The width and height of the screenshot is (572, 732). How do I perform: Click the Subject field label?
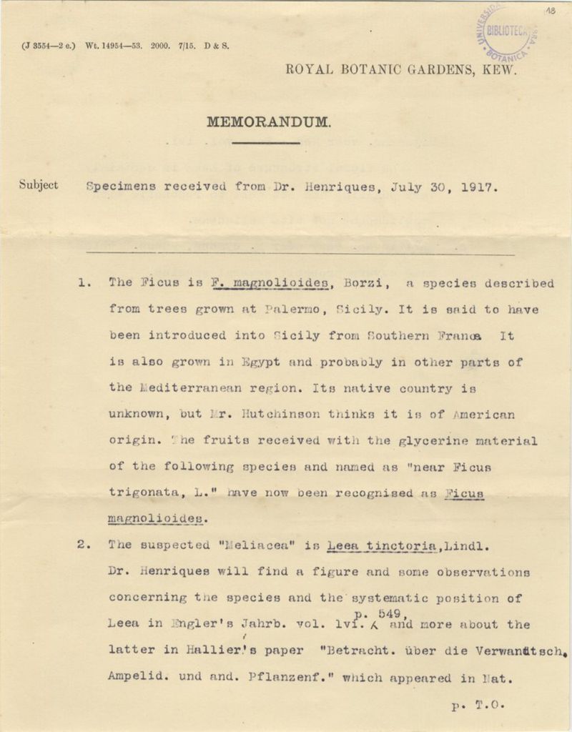[39, 185]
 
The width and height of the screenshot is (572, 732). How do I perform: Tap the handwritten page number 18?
[551, 11]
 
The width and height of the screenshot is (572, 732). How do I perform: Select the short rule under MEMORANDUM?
[266, 143]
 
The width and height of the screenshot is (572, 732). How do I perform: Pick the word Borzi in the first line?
[367, 282]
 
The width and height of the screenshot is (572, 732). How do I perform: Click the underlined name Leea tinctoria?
[381, 545]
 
